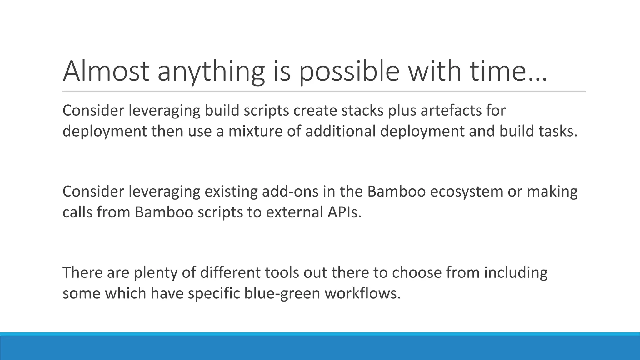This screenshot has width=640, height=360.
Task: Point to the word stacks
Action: tap(362, 111)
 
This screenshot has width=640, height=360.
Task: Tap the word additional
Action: tap(340, 131)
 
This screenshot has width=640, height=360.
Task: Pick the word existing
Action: tap(231, 192)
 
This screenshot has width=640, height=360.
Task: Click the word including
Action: tap(516, 273)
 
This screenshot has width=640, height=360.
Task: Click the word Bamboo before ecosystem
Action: tap(396, 192)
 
